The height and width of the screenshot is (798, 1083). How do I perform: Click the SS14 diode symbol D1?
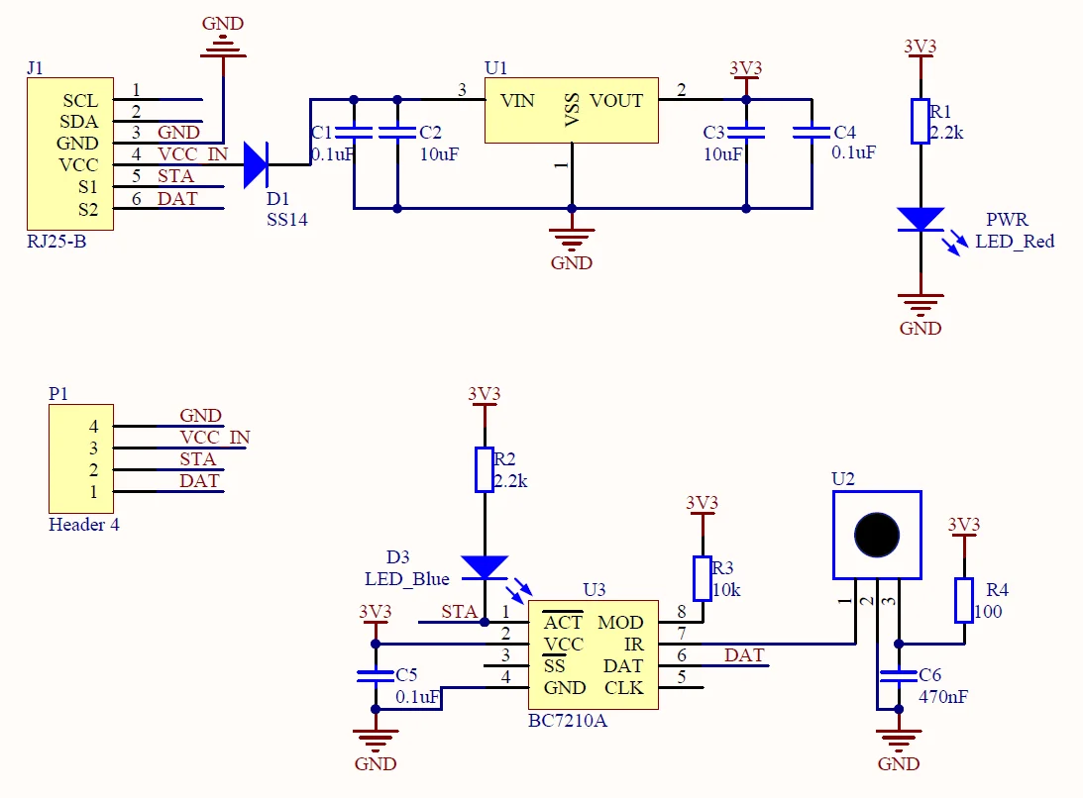pos(256,164)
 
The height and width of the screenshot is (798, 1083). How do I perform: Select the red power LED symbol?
pos(921,219)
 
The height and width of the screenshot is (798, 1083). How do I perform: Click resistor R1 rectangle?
pos(921,121)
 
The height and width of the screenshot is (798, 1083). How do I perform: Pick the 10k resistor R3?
pos(703,579)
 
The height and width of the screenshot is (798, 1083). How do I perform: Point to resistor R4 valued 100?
pos(964,601)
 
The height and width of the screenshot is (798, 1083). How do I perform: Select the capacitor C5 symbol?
pos(376,676)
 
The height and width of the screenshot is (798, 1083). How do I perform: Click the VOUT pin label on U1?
pos(616,101)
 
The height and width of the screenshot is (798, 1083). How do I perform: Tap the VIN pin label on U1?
pos(517,101)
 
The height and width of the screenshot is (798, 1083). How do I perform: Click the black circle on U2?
pos(877,535)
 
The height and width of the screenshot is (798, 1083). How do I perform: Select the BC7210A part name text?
pos(568,721)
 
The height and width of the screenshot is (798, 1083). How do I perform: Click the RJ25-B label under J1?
pos(55,241)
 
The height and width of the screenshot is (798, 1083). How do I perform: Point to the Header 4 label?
pos(84,525)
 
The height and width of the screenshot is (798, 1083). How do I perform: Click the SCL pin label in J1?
pos(80,101)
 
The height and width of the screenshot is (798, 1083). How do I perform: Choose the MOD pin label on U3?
pos(620,623)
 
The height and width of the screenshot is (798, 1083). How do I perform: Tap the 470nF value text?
pos(943,697)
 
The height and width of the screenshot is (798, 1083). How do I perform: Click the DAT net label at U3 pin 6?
pos(744,655)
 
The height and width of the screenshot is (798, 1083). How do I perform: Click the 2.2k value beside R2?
pos(511,481)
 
